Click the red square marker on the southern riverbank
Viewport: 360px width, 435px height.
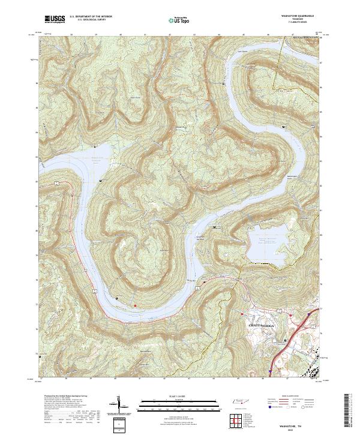[135, 306]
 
